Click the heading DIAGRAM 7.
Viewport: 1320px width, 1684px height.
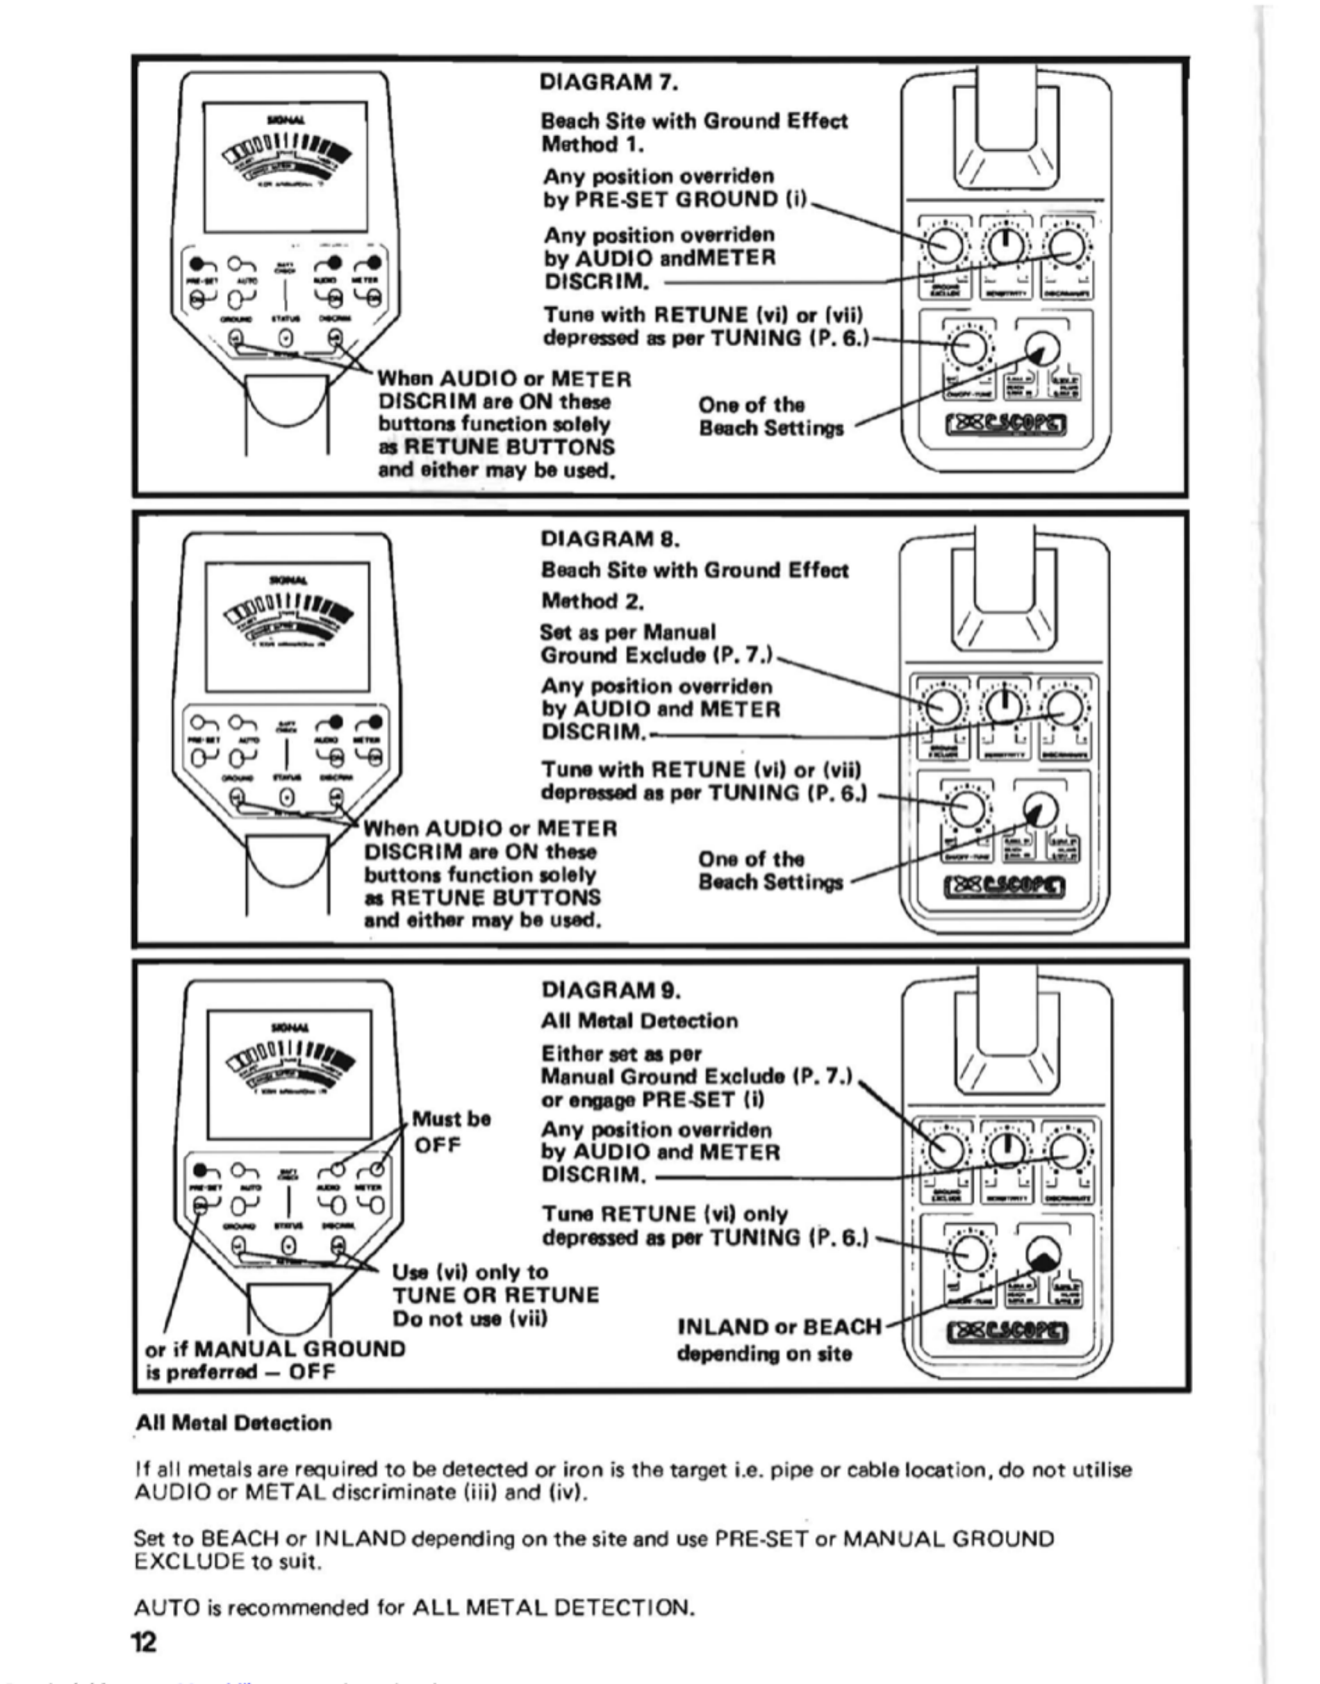coord(609,81)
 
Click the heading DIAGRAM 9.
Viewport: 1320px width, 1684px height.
coord(611,989)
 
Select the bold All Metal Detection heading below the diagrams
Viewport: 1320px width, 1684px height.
coord(233,1423)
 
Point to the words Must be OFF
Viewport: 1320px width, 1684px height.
coord(452,1130)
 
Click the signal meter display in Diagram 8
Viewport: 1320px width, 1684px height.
coord(287,626)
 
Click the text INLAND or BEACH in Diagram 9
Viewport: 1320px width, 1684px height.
coord(779,1327)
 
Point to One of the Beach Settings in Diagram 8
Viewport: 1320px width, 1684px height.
coord(770,871)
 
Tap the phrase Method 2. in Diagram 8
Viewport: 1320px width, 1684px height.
coord(593,600)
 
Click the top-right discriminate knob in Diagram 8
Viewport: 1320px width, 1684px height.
coord(1064,707)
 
